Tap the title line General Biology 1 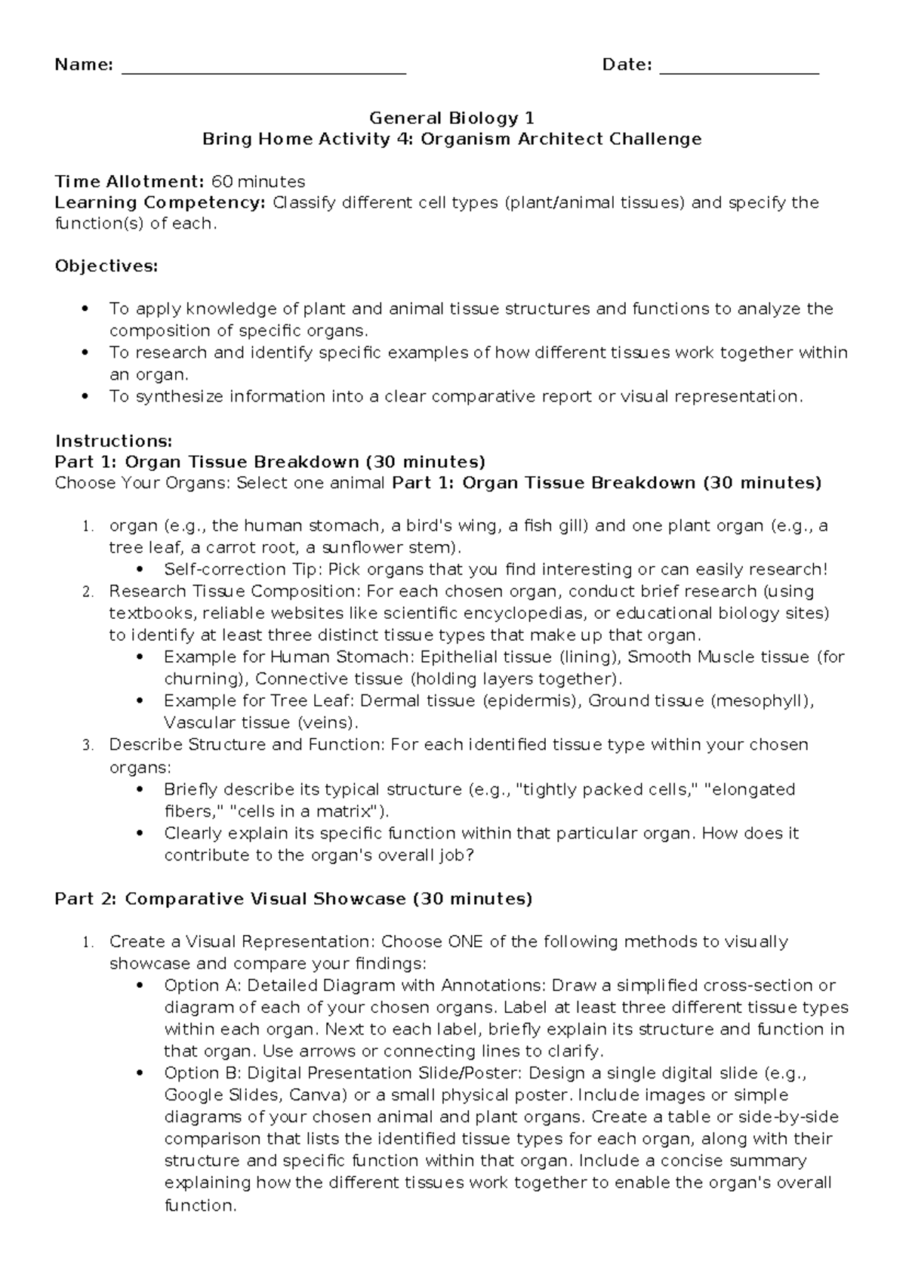pyautogui.click(x=451, y=118)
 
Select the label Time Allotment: pyautogui.click(x=129, y=182)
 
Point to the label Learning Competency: pyautogui.click(x=160, y=203)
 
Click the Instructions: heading pyautogui.click(x=114, y=441)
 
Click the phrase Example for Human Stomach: pyautogui.click(x=289, y=657)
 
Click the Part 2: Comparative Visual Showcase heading pyautogui.click(x=293, y=899)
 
